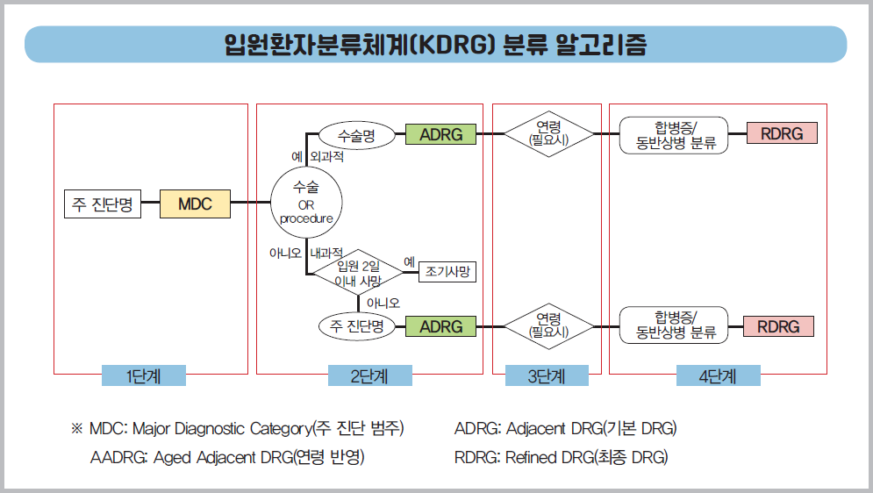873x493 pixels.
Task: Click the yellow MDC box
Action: click(195, 204)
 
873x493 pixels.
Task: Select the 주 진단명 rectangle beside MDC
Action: click(103, 204)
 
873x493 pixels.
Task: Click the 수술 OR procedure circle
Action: click(306, 204)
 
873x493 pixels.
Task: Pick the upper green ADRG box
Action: click(440, 134)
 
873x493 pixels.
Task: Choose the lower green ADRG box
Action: click(440, 326)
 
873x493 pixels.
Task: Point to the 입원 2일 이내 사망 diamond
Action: click(359, 273)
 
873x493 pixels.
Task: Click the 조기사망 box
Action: click(447, 272)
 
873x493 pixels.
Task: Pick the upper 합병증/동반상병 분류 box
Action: click(674, 134)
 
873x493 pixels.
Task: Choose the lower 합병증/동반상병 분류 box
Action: click(674, 325)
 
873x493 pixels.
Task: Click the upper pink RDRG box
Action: click(782, 134)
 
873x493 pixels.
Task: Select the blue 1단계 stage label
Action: click(144, 375)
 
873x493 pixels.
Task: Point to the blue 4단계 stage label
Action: click(718, 375)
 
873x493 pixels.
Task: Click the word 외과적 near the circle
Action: click(326, 158)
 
